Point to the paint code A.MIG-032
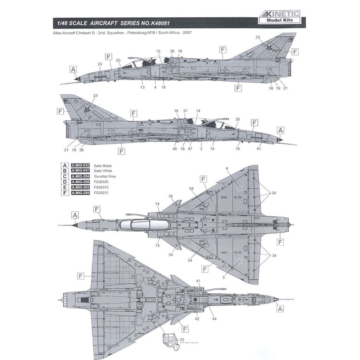(x=80, y=165)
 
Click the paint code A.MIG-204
(x=80, y=176)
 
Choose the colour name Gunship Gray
(x=104, y=176)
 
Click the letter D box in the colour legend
(x=64, y=182)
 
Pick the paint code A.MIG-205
(x=80, y=193)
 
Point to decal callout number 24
(x=100, y=64)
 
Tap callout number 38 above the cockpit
(x=172, y=51)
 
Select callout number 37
(x=185, y=111)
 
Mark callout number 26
(x=237, y=119)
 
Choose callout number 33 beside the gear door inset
(x=181, y=339)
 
